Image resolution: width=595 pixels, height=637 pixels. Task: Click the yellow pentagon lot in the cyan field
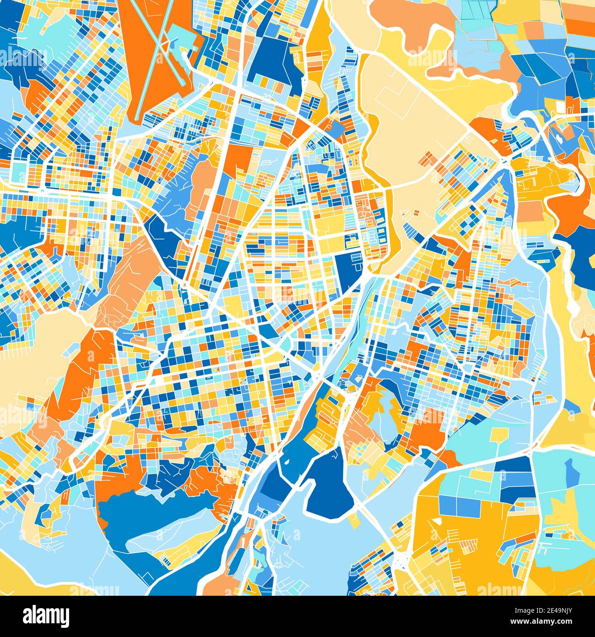(497, 435)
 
